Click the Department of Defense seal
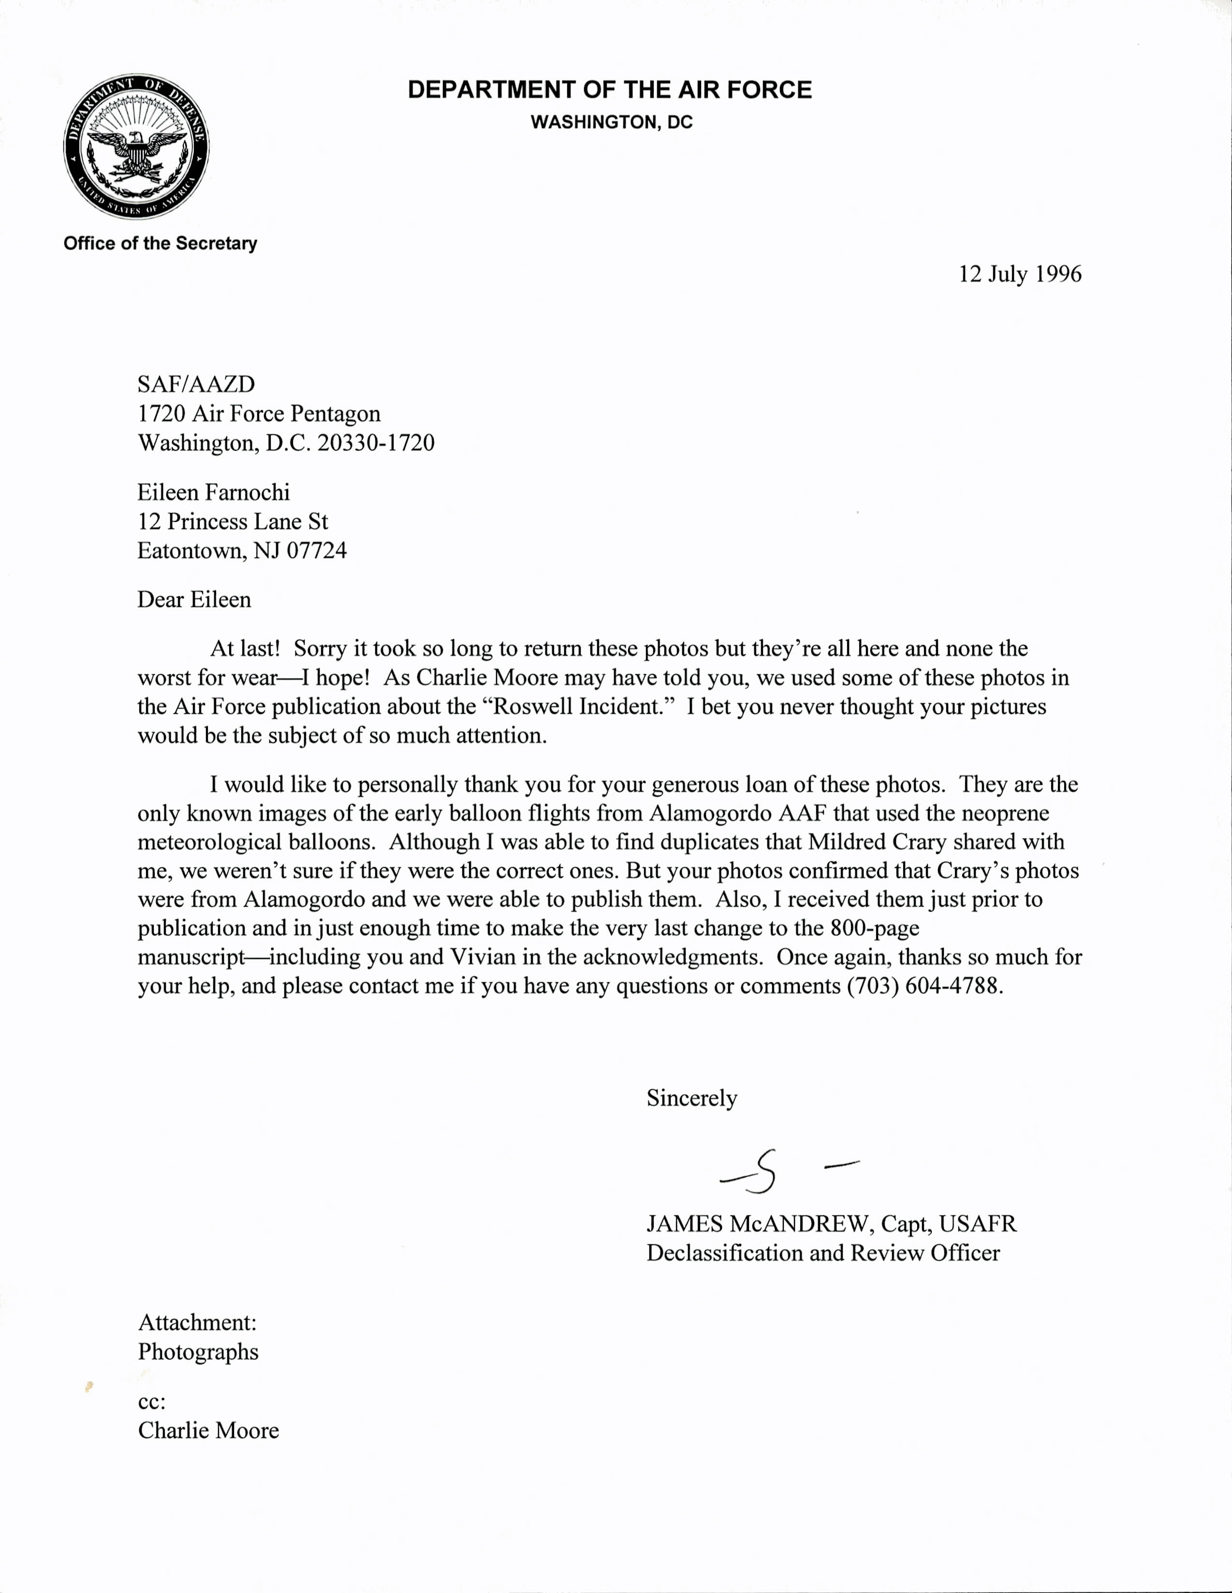tap(136, 147)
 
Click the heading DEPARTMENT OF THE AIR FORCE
tap(609, 90)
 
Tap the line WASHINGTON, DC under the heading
tap(611, 122)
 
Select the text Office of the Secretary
tap(161, 244)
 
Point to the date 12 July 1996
tap(1020, 274)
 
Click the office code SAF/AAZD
tap(196, 384)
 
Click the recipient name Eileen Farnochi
tap(214, 492)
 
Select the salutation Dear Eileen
tap(194, 600)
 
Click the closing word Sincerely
tap(691, 1098)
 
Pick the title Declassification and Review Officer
tap(823, 1253)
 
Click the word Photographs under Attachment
tap(198, 1352)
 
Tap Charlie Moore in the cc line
tap(208, 1431)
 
